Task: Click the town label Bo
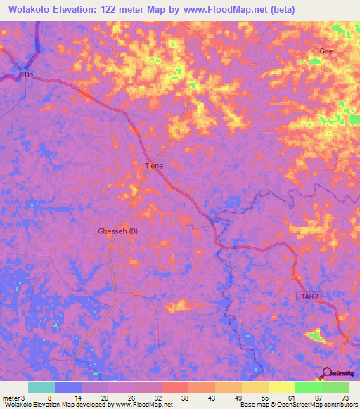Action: [29, 74]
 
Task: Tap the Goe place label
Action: [326, 52]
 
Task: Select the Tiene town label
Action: [154, 166]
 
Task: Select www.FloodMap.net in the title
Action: [224, 9]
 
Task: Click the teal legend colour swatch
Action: [41, 387]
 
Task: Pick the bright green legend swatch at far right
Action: [335, 387]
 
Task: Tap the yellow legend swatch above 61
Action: [282, 387]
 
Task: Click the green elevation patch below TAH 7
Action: [316, 335]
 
